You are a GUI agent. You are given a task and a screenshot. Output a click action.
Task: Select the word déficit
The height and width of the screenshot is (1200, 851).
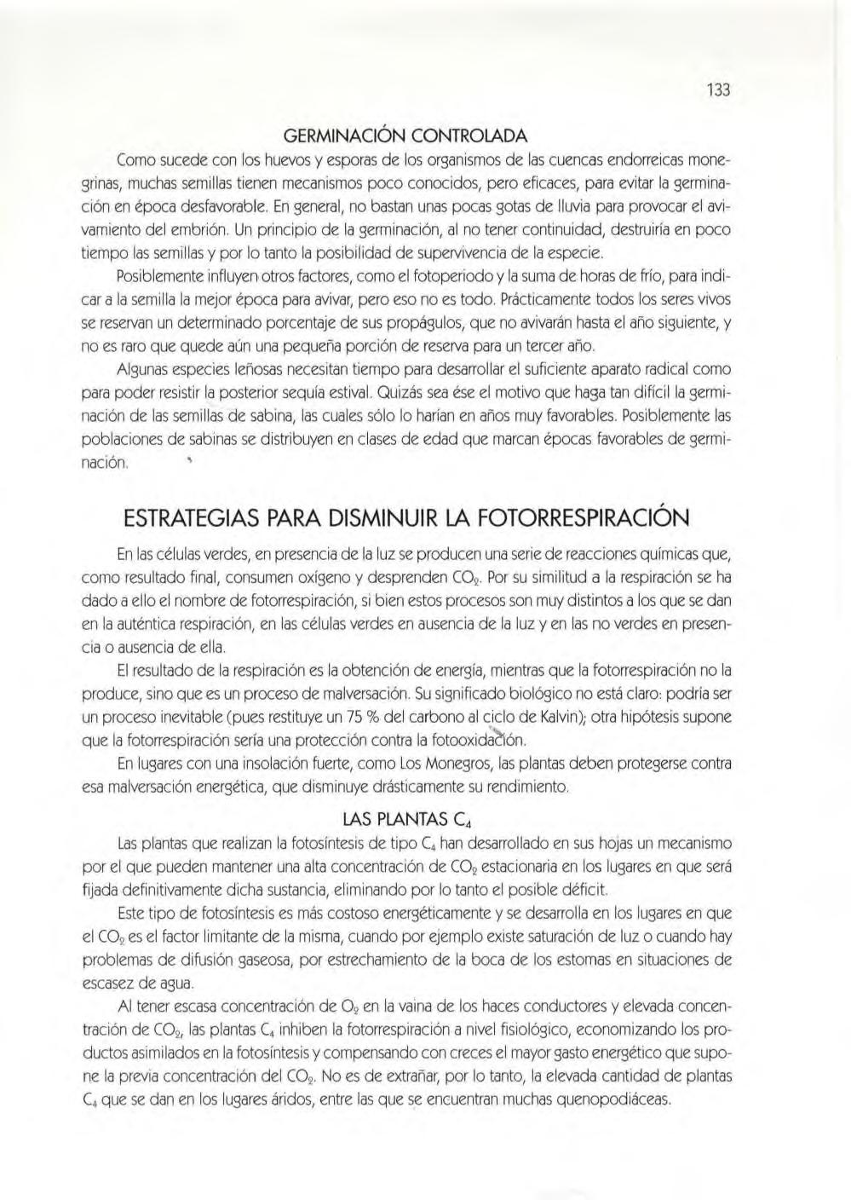(x=580, y=891)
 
